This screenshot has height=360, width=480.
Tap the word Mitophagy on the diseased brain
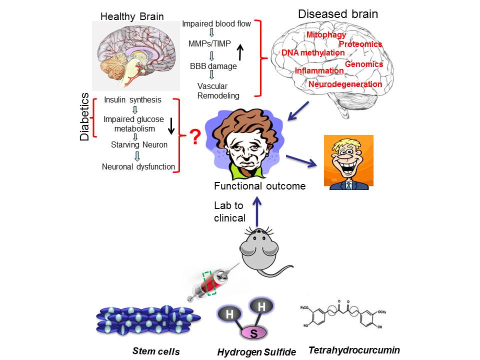[326, 35]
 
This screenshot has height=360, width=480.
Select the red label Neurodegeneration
[345, 84]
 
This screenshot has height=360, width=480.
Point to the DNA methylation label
[313, 52]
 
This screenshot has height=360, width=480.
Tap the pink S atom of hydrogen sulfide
[254, 332]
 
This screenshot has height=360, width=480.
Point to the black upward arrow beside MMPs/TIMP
[240, 50]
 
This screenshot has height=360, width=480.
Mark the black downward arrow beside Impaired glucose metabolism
[171, 125]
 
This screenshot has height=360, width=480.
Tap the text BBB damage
[213, 65]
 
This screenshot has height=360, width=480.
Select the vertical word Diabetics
[85, 116]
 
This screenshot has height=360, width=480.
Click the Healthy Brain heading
[132, 16]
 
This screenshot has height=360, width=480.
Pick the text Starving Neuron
[139, 145]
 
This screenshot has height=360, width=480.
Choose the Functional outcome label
[259, 186]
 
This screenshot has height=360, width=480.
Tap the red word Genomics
[364, 64]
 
